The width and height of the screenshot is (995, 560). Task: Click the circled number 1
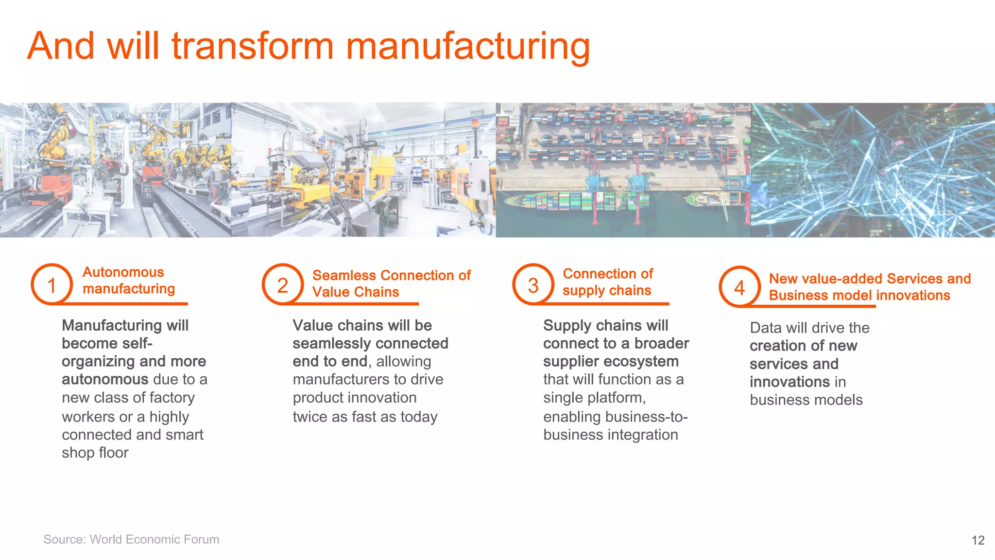[x=51, y=285]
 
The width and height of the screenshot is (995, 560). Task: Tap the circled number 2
[x=282, y=285]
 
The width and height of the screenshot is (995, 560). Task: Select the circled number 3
[x=533, y=285]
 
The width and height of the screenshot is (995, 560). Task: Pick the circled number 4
[x=739, y=287]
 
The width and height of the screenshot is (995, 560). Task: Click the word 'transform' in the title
[x=253, y=46]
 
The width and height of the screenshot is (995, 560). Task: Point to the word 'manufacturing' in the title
[x=467, y=46]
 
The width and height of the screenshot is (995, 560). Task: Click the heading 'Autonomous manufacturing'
[x=128, y=280]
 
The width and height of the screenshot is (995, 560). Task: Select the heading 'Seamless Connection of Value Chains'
[x=391, y=283]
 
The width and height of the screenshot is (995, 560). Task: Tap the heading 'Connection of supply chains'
[x=607, y=282]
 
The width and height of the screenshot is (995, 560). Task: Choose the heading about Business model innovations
[x=869, y=287]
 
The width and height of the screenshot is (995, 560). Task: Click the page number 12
[x=978, y=540]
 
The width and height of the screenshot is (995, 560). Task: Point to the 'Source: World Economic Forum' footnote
[x=131, y=539]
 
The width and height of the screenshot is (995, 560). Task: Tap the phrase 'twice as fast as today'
[x=365, y=417]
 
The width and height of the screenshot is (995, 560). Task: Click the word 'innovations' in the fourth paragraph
[x=789, y=382]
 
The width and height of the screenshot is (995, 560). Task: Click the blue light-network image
[x=873, y=170]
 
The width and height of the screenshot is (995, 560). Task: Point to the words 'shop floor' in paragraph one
[x=95, y=453]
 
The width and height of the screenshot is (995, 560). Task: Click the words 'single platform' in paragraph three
[x=594, y=398]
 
